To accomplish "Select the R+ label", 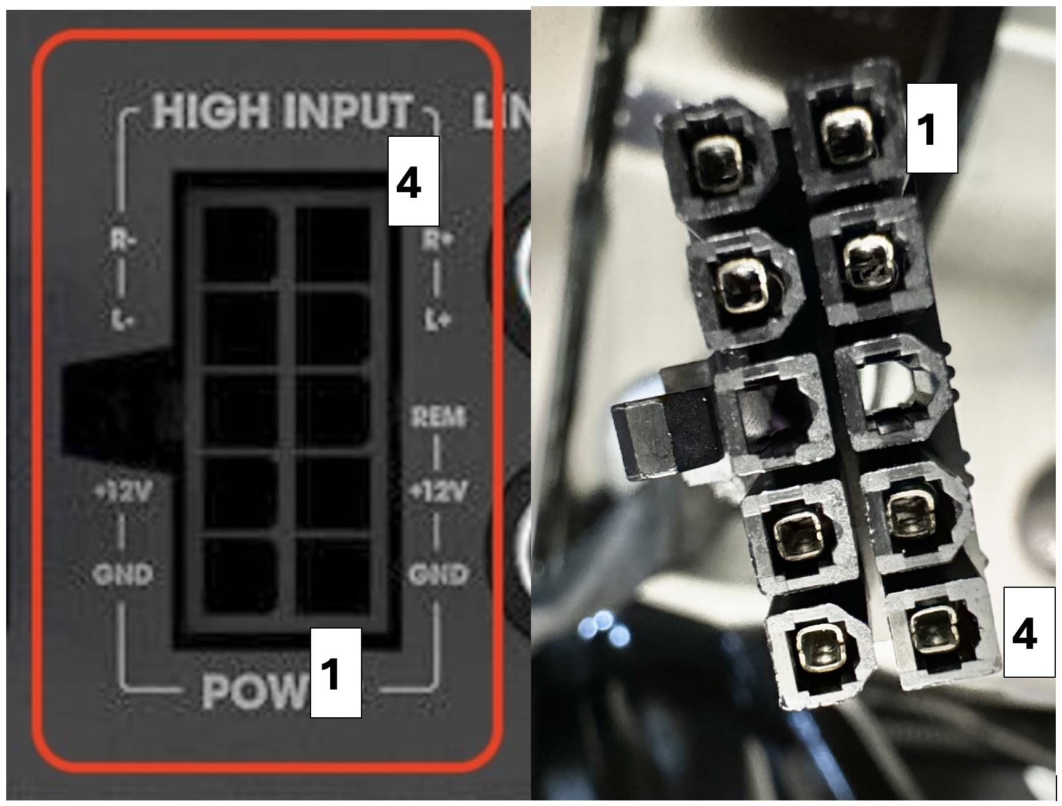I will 437,240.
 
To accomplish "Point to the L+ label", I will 437,320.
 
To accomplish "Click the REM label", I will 438,418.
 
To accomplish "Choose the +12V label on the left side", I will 123,492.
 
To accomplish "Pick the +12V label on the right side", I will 439,492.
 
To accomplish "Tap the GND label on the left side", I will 123,575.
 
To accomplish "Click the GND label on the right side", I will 438,575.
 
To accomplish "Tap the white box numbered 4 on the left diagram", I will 413,181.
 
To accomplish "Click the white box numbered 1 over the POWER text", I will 335,672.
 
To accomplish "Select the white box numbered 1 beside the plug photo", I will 931,128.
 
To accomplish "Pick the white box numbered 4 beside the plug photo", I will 1028,632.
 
